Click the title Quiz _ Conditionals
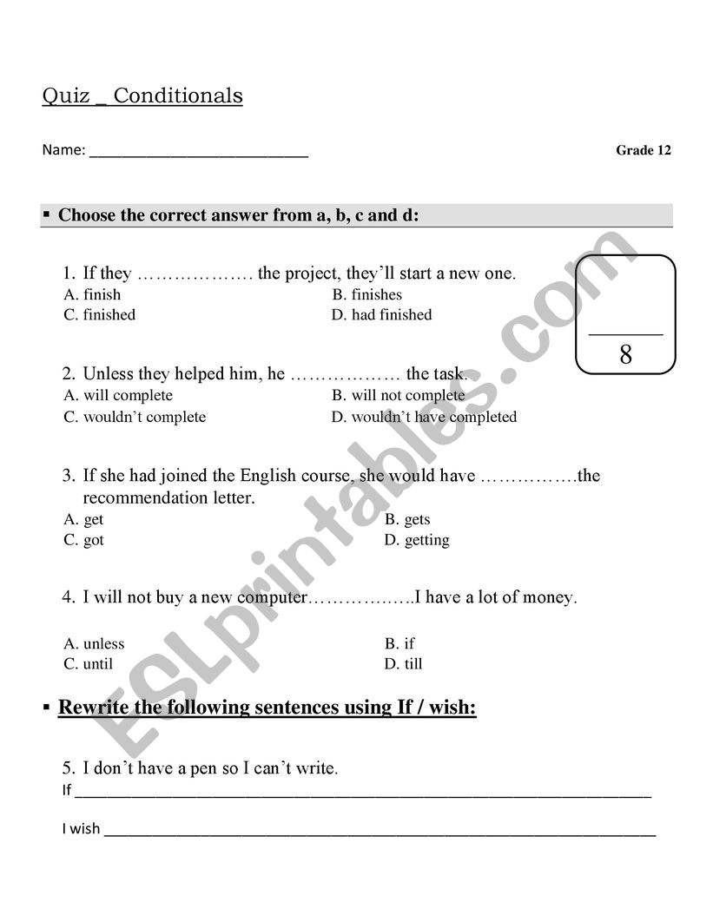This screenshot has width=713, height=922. click(x=142, y=95)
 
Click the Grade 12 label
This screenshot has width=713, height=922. click(x=644, y=150)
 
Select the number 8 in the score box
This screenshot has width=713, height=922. click(x=625, y=354)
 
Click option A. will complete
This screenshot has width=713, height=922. click(x=118, y=395)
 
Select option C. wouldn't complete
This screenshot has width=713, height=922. click(x=135, y=417)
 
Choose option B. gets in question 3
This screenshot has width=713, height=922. click(x=407, y=519)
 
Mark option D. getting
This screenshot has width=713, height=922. click(x=417, y=540)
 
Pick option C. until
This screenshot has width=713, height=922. click(x=89, y=664)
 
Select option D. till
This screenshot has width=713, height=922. click(x=404, y=664)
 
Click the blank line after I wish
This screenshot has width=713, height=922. click(x=380, y=832)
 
